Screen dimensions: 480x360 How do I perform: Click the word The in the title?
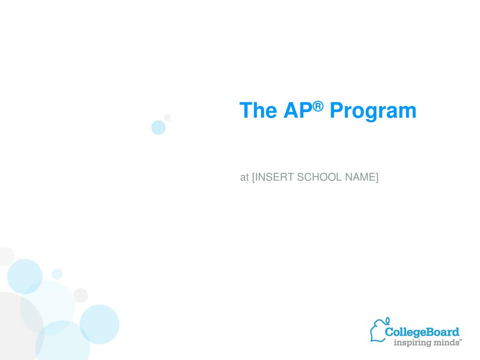point(258,110)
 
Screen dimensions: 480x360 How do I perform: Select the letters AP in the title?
point(298,110)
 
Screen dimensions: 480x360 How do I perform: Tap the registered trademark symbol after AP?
point(318,106)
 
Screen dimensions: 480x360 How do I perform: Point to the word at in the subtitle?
point(244,177)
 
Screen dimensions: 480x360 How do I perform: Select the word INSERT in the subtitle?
point(275,177)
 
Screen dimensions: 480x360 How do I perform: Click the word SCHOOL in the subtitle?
point(319,177)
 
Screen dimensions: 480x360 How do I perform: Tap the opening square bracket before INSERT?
point(254,177)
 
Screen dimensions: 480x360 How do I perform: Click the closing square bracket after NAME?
point(377,177)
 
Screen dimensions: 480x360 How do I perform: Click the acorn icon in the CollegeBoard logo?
point(379,330)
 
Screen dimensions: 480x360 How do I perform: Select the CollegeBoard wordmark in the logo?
point(422,332)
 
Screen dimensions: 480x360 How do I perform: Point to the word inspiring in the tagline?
point(410,343)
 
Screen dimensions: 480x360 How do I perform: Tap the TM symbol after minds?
point(460,340)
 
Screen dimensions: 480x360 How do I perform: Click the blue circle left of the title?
point(158,127)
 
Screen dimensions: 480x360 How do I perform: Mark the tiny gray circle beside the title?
point(167,118)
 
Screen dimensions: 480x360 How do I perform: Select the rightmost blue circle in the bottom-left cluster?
point(99,324)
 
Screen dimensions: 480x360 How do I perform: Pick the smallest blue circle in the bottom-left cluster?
point(57,274)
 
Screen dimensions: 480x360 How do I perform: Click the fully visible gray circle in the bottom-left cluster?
point(81,295)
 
